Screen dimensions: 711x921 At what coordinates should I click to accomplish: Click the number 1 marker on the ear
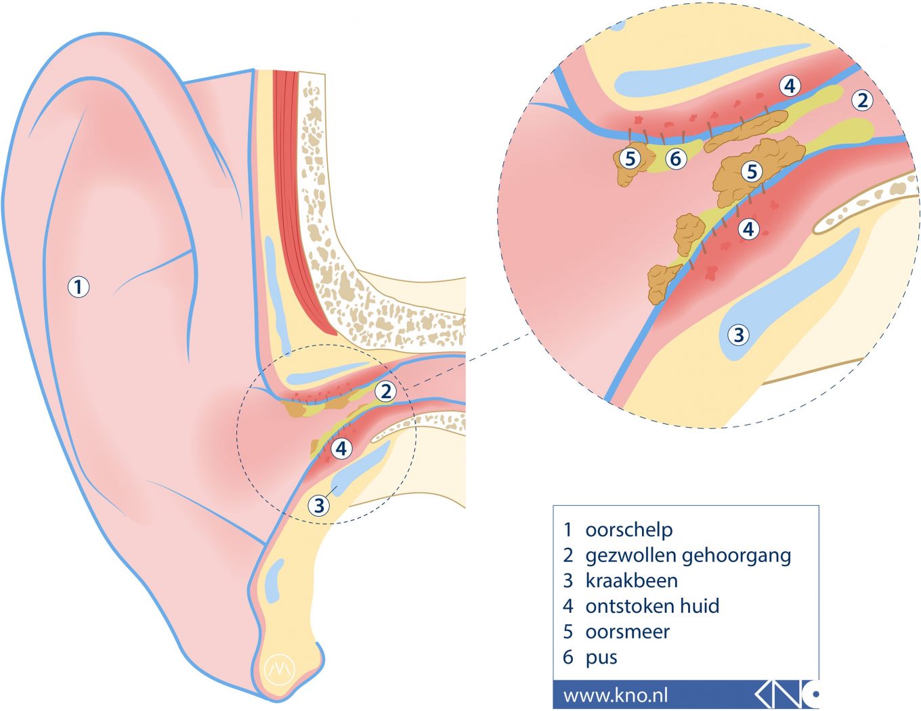(x=79, y=286)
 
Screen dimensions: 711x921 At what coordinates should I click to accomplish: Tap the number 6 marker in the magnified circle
(x=675, y=158)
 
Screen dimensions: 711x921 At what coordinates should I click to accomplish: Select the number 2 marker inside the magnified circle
(x=861, y=100)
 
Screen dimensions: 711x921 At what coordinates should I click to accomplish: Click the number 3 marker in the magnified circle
(x=738, y=335)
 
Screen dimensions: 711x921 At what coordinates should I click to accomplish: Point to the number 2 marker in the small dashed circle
(x=385, y=391)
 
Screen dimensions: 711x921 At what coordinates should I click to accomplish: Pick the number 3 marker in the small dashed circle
(x=319, y=504)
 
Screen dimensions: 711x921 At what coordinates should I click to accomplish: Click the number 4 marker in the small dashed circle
(x=341, y=448)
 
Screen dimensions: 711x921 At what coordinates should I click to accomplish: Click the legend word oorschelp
(x=628, y=530)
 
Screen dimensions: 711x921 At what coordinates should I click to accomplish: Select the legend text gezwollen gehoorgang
(x=687, y=555)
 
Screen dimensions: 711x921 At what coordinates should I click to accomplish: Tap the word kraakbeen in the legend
(x=631, y=580)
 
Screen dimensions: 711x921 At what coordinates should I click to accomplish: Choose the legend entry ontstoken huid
(x=651, y=605)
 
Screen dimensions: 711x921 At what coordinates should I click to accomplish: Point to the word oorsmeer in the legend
(x=627, y=631)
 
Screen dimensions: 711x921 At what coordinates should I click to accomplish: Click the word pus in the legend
(x=601, y=658)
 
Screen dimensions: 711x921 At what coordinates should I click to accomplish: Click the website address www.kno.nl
(x=615, y=695)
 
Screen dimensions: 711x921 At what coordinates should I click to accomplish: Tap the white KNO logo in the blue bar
(x=786, y=694)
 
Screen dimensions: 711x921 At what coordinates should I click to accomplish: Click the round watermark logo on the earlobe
(x=280, y=668)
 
